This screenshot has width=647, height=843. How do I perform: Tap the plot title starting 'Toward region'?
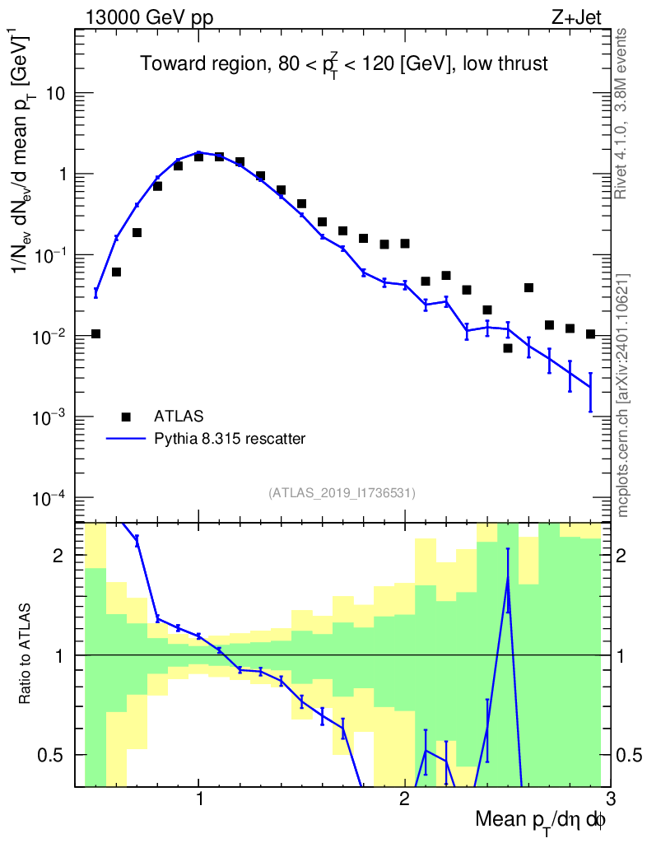343,63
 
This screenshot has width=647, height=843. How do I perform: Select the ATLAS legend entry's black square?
126,417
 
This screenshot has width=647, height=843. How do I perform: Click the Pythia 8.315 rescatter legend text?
230,439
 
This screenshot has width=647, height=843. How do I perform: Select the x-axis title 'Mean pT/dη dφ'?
541,821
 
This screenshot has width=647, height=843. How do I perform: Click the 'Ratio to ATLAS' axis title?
27,654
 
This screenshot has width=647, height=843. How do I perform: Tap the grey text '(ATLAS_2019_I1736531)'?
342,493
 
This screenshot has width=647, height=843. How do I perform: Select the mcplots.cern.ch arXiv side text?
623,394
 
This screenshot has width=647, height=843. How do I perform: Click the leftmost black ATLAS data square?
95,333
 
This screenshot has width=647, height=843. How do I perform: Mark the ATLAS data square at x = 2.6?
528,287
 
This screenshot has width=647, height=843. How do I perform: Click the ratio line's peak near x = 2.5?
508,579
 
